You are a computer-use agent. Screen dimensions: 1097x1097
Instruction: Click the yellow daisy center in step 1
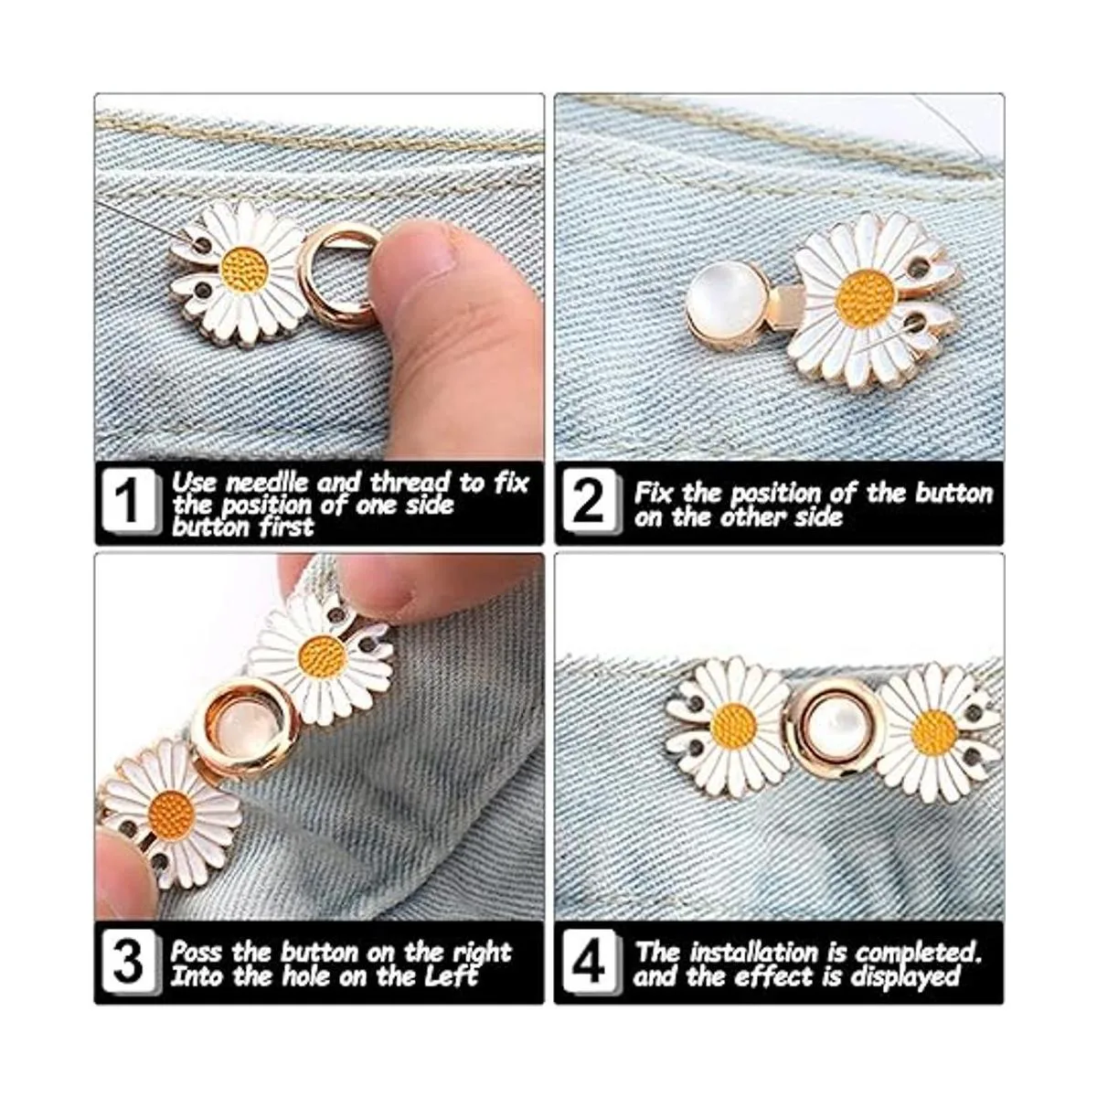pos(244,271)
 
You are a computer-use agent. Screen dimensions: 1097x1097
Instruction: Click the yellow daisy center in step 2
pos(866,299)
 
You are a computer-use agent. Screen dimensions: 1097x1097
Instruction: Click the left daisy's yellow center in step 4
pos(734,727)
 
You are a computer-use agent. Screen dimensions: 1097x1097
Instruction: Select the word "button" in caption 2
pos(954,493)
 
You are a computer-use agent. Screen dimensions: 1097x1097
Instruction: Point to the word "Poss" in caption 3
pos(197,953)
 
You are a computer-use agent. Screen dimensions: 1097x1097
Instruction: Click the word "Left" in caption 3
pos(452,976)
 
